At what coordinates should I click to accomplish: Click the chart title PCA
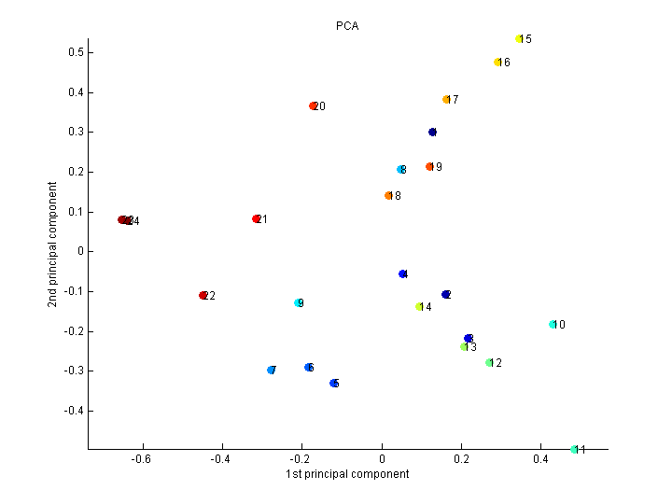(347, 26)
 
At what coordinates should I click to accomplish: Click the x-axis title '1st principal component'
(347, 474)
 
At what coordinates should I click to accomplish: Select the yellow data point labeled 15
(519, 39)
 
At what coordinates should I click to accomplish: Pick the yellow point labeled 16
(497, 63)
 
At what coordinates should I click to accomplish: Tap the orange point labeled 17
(446, 100)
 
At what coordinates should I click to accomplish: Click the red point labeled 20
(314, 106)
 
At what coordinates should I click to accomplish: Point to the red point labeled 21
(257, 219)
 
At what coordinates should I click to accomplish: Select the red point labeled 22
(203, 296)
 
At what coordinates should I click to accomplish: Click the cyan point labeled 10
(553, 325)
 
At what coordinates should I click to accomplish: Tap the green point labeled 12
(489, 363)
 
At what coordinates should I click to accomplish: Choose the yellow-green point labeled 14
(420, 307)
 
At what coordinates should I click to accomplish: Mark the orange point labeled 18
(388, 196)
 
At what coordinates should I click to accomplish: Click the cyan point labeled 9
(299, 303)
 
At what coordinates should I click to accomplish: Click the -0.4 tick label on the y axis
(75, 411)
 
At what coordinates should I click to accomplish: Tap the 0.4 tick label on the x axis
(540, 459)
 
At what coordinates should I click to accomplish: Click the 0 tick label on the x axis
(381, 459)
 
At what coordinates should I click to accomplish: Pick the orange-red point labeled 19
(429, 167)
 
